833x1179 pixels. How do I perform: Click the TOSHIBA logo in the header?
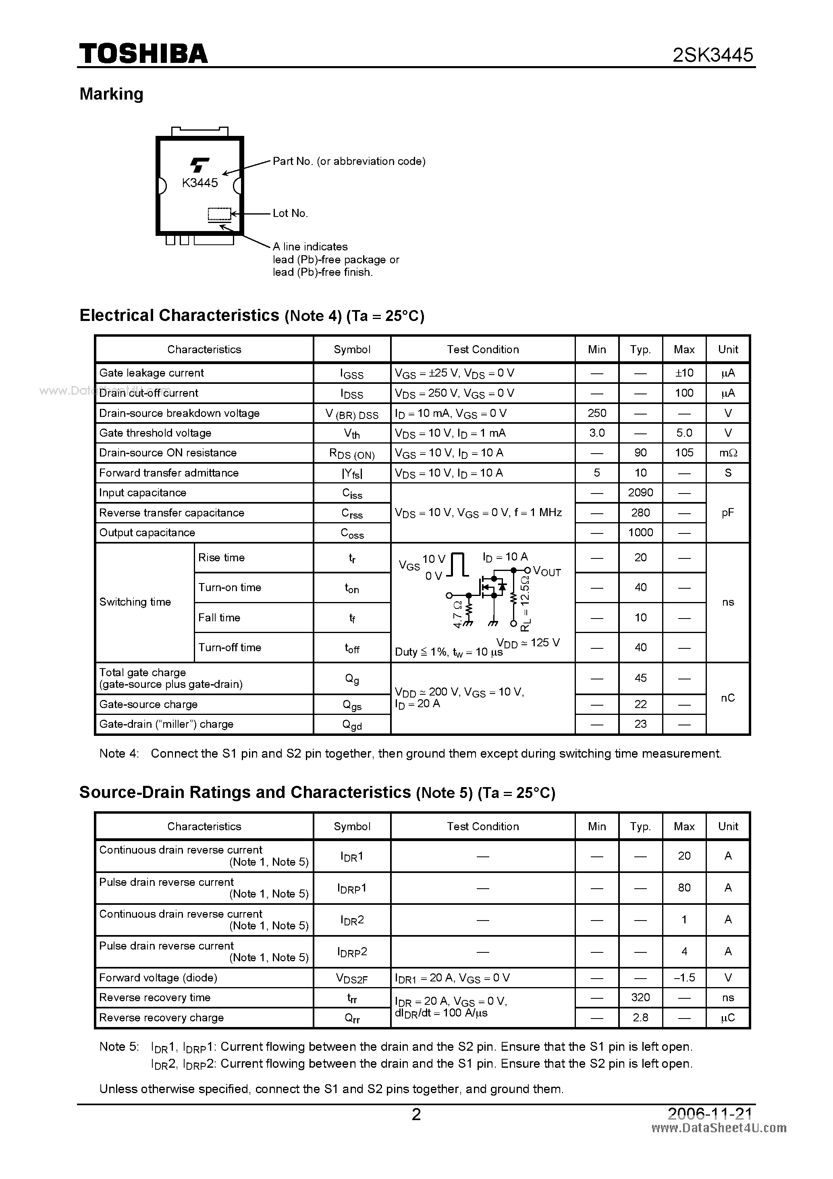[143, 53]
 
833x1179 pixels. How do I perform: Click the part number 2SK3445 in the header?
[713, 55]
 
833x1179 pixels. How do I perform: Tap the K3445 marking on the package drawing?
[199, 183]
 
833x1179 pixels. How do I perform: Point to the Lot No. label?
[290, 213]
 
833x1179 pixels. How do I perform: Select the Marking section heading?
[111, 94]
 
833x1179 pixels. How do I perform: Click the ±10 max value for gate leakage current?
[684, 373]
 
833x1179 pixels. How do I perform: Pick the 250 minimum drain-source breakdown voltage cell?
[597, 413]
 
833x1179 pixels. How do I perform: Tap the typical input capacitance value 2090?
[640, 492]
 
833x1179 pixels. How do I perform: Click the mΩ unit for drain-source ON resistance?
[728, 453]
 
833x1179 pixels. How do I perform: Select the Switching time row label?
[135, 602]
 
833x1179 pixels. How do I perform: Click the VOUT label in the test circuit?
[547, 571]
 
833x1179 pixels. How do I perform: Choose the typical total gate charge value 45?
[640, 678]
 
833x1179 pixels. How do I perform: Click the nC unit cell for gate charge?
[728, 698]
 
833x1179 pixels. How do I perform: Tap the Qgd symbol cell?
[352, 725]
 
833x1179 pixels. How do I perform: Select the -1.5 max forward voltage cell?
[684, 978]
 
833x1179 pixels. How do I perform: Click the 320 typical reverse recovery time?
[640, 997]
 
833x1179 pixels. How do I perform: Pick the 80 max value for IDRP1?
[684, 887]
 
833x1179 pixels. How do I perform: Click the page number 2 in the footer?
[416, 1114]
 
